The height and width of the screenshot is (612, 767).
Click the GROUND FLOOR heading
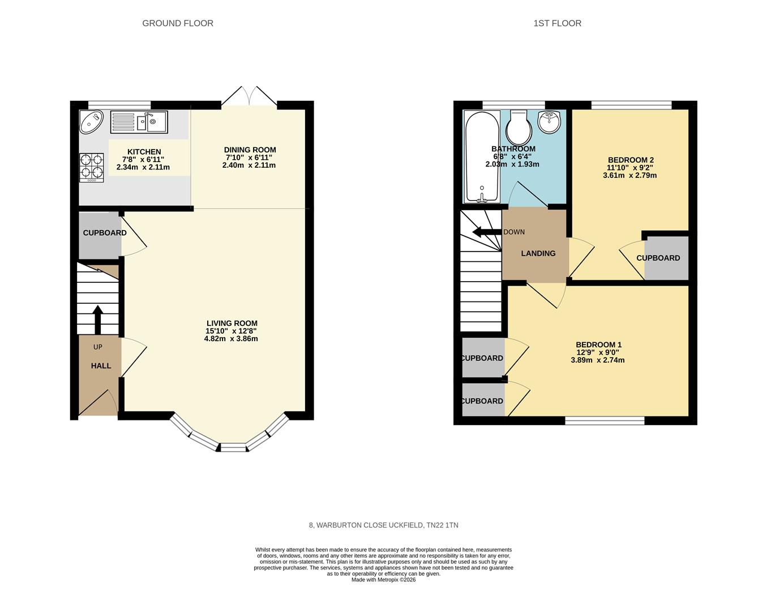[x=178, y=23]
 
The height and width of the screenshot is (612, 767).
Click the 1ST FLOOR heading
[x=557, y=23]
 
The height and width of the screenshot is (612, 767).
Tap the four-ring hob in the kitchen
[x=92, y=167]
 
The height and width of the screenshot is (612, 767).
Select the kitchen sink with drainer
[x=139, y=122]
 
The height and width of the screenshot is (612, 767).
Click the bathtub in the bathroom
[x=482, y=156]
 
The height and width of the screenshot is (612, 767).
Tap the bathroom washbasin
[x=549, y=122]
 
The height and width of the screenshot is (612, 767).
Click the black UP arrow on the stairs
[x=97, y=320]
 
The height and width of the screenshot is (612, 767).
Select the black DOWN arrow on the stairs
[x=486, y=232]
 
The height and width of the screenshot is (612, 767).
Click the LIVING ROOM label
[x=232, y=324]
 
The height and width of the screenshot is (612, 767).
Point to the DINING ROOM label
[x=250, y=150]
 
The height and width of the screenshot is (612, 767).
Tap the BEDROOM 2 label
[x=631, y=160]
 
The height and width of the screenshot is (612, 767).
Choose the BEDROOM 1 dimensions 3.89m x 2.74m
[x=598, y=360]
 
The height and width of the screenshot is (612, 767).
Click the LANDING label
[x=538, y=253]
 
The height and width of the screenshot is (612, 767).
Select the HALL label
[x=101, y=366]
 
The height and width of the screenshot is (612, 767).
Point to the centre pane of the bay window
[x=233, y=448]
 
